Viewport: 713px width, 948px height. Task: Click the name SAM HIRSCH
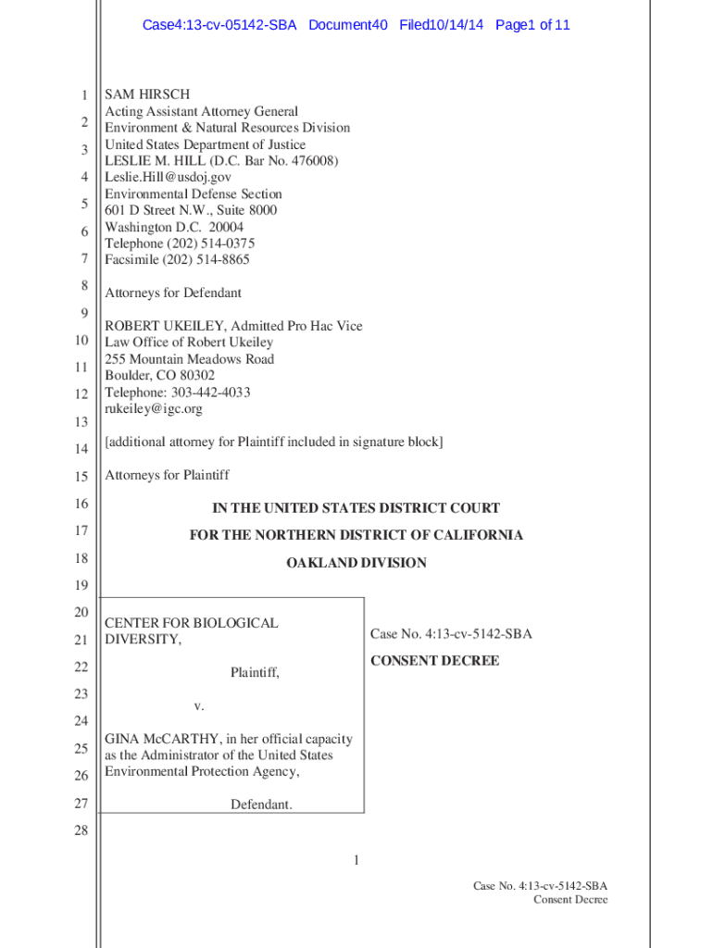coord(147,94)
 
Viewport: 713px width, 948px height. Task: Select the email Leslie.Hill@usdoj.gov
coord(168,177)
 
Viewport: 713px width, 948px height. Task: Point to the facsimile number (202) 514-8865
coord(207,260)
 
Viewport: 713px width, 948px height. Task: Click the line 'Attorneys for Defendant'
coord(173,293)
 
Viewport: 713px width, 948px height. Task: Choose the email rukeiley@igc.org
coord(153,408)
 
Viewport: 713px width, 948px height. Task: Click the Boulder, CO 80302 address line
coord(159,376)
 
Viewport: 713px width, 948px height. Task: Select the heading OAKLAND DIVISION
coord(356,563)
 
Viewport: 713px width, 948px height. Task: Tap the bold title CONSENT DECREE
coord(434,661)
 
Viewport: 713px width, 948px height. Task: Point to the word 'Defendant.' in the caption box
coord(261,805)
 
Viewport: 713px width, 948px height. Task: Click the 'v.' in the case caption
coord(199,706)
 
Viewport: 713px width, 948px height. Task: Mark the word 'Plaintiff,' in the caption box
coord(255,674)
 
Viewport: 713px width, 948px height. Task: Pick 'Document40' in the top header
coord(348,25)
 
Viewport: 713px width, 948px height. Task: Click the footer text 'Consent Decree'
coord(570,900)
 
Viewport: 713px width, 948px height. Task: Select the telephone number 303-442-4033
coord(206,393)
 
